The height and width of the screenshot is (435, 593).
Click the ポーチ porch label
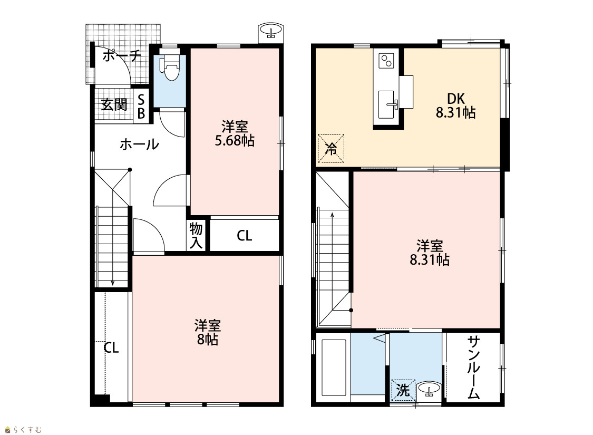pyautogui.click(x=121, y=56)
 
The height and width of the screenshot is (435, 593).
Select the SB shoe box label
pyautogui.click(x=141, y=107)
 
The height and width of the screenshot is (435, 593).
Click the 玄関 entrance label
pyautogui.click(x=114, y=105)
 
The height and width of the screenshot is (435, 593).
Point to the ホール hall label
pyautogui.click(x=139, y=144)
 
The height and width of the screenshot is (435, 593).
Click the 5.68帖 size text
pyautogui.click(x=235, y=141)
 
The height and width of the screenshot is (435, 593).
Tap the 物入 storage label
pyautogui.click(x=196, y=235)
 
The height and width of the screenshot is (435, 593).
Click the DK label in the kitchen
pyautogui.click(x=456, y=99)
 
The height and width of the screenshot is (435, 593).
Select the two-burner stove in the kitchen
pyautogui.click(x=387, y=61)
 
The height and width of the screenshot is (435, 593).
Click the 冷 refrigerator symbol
pyautogui.click(x=331, y=148)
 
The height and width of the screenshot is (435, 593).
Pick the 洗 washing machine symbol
pyautogui.click(x=403, y=390)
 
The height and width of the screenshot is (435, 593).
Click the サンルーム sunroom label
pyautogui.click(x=473, y=368)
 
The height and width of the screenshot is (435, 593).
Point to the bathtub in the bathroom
pyautogui.click(x=334, y=368)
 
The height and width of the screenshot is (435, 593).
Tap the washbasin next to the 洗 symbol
pyautogui.click(x=429, y=389)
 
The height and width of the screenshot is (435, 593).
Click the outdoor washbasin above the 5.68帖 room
pyautogui.click(x=271, y=31)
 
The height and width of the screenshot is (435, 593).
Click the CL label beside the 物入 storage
pyautogui.click(x=244, y=236)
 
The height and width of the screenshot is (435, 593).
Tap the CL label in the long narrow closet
pyautogui.click(x=111, y=347)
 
